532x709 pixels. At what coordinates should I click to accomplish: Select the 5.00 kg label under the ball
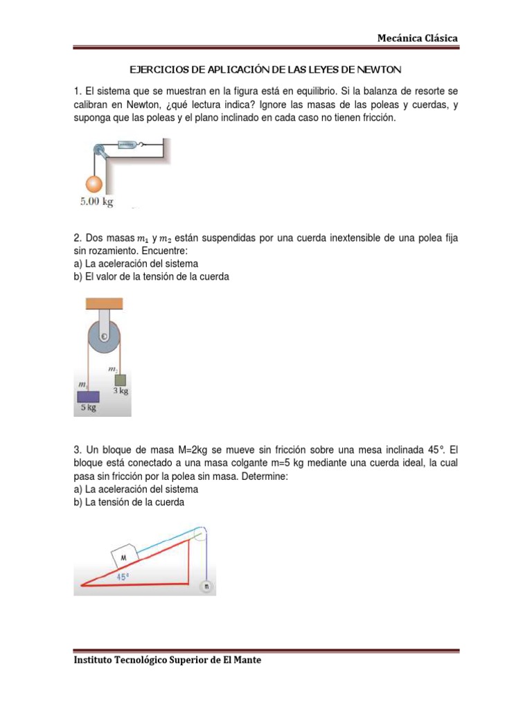96,202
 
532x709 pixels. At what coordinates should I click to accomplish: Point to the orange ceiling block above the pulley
104,303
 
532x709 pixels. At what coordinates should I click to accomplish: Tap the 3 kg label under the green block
121,391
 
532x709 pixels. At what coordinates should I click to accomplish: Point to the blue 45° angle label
123,575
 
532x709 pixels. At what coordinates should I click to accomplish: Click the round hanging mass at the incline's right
206,587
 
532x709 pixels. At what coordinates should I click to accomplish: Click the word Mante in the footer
245,661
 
